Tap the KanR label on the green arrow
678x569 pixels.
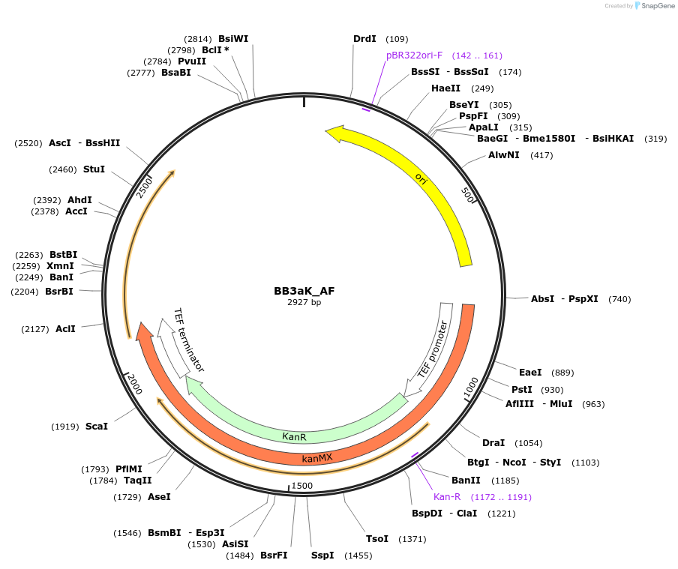[294, 436]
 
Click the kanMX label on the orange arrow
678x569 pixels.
[317, 457]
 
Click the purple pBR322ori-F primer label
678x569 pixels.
[414, 55]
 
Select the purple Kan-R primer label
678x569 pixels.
[447, 497]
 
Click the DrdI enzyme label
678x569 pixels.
[364, 38]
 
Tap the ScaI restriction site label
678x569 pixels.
[97, 426]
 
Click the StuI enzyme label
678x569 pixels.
[94, 169]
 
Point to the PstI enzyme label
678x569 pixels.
[522, 389]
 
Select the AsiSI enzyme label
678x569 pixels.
[235, 544]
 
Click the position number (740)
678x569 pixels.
[619, 299]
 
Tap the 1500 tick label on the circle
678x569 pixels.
[302, 486]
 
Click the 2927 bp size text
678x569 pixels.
[304, 303]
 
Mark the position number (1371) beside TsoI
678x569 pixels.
[412, 539]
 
